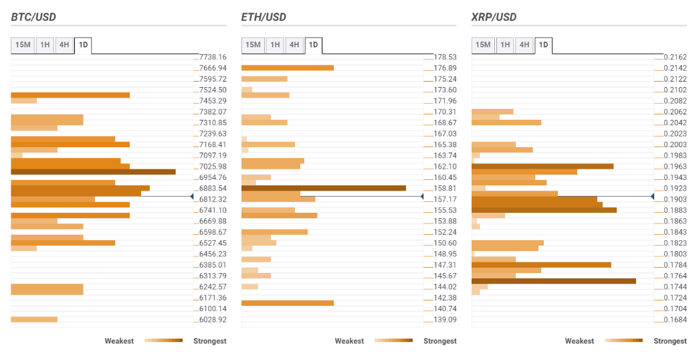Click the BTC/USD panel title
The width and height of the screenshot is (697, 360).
(x=34, y=17)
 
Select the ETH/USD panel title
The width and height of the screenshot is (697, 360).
(x=264, y=17)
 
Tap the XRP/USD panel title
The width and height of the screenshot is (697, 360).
(x=494, y=17)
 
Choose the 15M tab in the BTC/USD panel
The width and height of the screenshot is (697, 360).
(x=23, y=45)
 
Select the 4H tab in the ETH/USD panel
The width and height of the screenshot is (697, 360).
(x=294, y=45)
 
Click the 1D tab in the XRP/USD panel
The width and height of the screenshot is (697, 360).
(x=543, y=45)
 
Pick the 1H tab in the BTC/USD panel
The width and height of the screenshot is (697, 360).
(x=45, y=45)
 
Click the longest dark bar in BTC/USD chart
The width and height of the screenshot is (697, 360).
(x=93, y=172)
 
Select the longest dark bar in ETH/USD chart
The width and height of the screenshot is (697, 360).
(x=323, y=188)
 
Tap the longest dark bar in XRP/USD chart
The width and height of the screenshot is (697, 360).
(x=553, y=281)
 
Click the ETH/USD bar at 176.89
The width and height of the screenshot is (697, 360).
(x=287, y=68)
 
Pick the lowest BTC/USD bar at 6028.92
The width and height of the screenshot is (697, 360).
(x=34, y=320)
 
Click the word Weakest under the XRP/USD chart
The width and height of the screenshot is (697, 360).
(x=579, y=341)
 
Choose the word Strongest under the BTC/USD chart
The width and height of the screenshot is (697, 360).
(x=210, y=341)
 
